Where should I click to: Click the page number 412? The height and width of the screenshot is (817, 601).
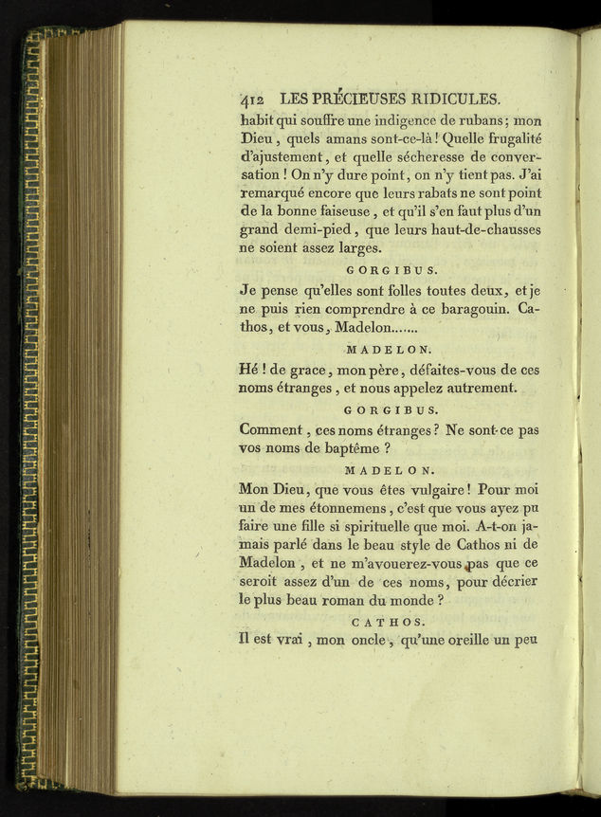click(x=253, y=100)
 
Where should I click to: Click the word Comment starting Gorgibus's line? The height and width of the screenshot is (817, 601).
click(x=273, y=430)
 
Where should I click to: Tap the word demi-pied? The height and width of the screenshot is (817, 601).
click(x=325, y=229)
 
